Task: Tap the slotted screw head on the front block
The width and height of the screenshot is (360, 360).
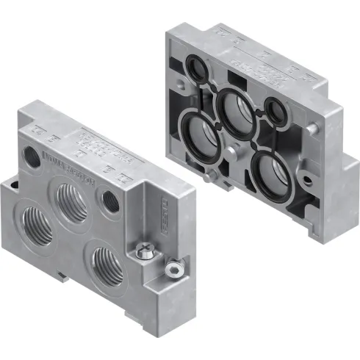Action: click(x=174, y=270)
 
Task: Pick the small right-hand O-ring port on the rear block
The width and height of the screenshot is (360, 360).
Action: click(x=277, y=111)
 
